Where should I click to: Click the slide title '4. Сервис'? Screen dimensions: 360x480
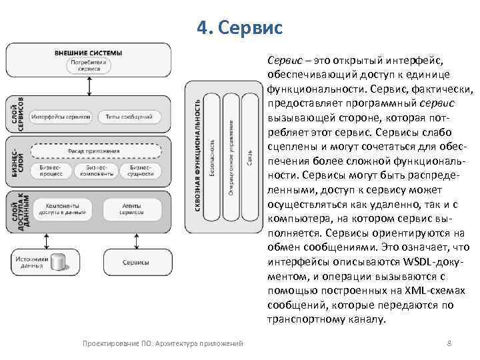[240, 28]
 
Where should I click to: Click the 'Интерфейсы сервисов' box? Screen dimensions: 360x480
[61, 117]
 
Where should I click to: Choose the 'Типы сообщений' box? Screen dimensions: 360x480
[129, 117]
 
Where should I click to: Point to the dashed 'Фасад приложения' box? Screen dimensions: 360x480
[95, 151]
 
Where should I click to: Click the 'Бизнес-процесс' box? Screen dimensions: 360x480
[51, 171]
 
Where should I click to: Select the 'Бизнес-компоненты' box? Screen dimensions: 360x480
[95, 171]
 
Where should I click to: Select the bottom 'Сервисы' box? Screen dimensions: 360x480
[135, 262]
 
